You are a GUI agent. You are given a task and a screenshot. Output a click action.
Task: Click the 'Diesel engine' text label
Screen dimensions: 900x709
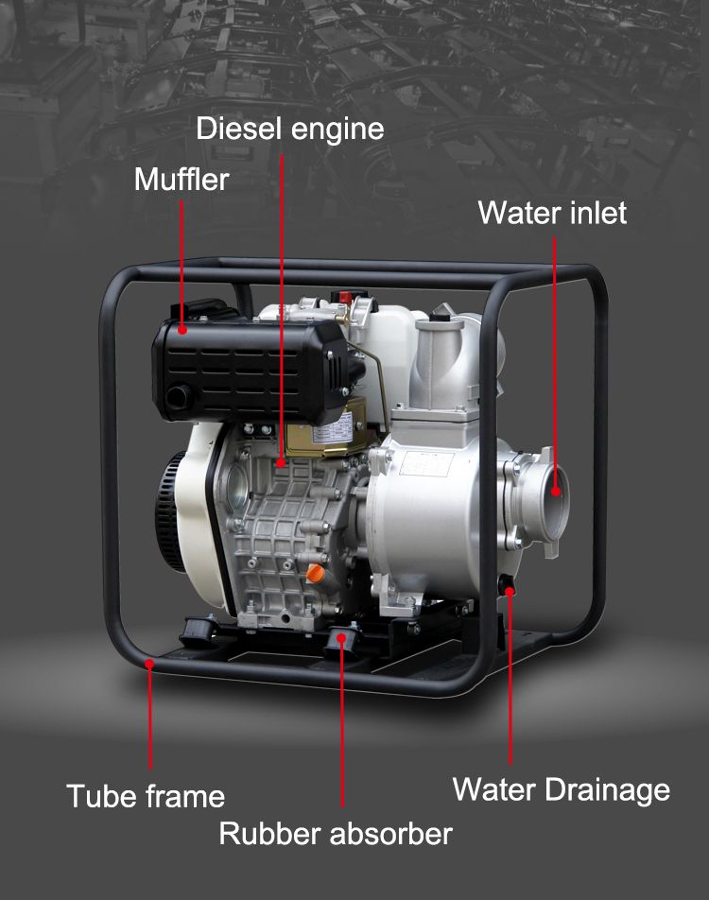(x=290, y=129)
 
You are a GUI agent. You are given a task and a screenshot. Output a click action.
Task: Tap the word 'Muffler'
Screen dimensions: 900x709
(x=182, y=179)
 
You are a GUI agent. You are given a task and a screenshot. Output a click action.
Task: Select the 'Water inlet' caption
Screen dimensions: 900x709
(x=552, y=213)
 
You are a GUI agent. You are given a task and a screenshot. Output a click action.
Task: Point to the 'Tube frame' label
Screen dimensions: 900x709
(x=146, y=796)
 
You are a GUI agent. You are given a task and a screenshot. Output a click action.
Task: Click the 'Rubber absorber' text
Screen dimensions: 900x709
(x=336, y=834)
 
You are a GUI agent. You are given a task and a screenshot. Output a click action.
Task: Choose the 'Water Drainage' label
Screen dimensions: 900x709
(x=562, y=789)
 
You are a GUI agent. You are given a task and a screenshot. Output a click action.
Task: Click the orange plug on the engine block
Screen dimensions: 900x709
(x=315, y=573)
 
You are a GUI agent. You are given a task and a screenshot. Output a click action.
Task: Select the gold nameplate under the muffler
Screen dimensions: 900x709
(x=337, y=428)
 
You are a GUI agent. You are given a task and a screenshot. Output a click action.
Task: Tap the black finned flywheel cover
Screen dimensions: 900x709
(x=173, y=511)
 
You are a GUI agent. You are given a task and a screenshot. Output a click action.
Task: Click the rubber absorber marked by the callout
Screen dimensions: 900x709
(x=343, y=645)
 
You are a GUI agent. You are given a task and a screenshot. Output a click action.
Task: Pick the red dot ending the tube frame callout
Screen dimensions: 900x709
(x=150, y=664)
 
